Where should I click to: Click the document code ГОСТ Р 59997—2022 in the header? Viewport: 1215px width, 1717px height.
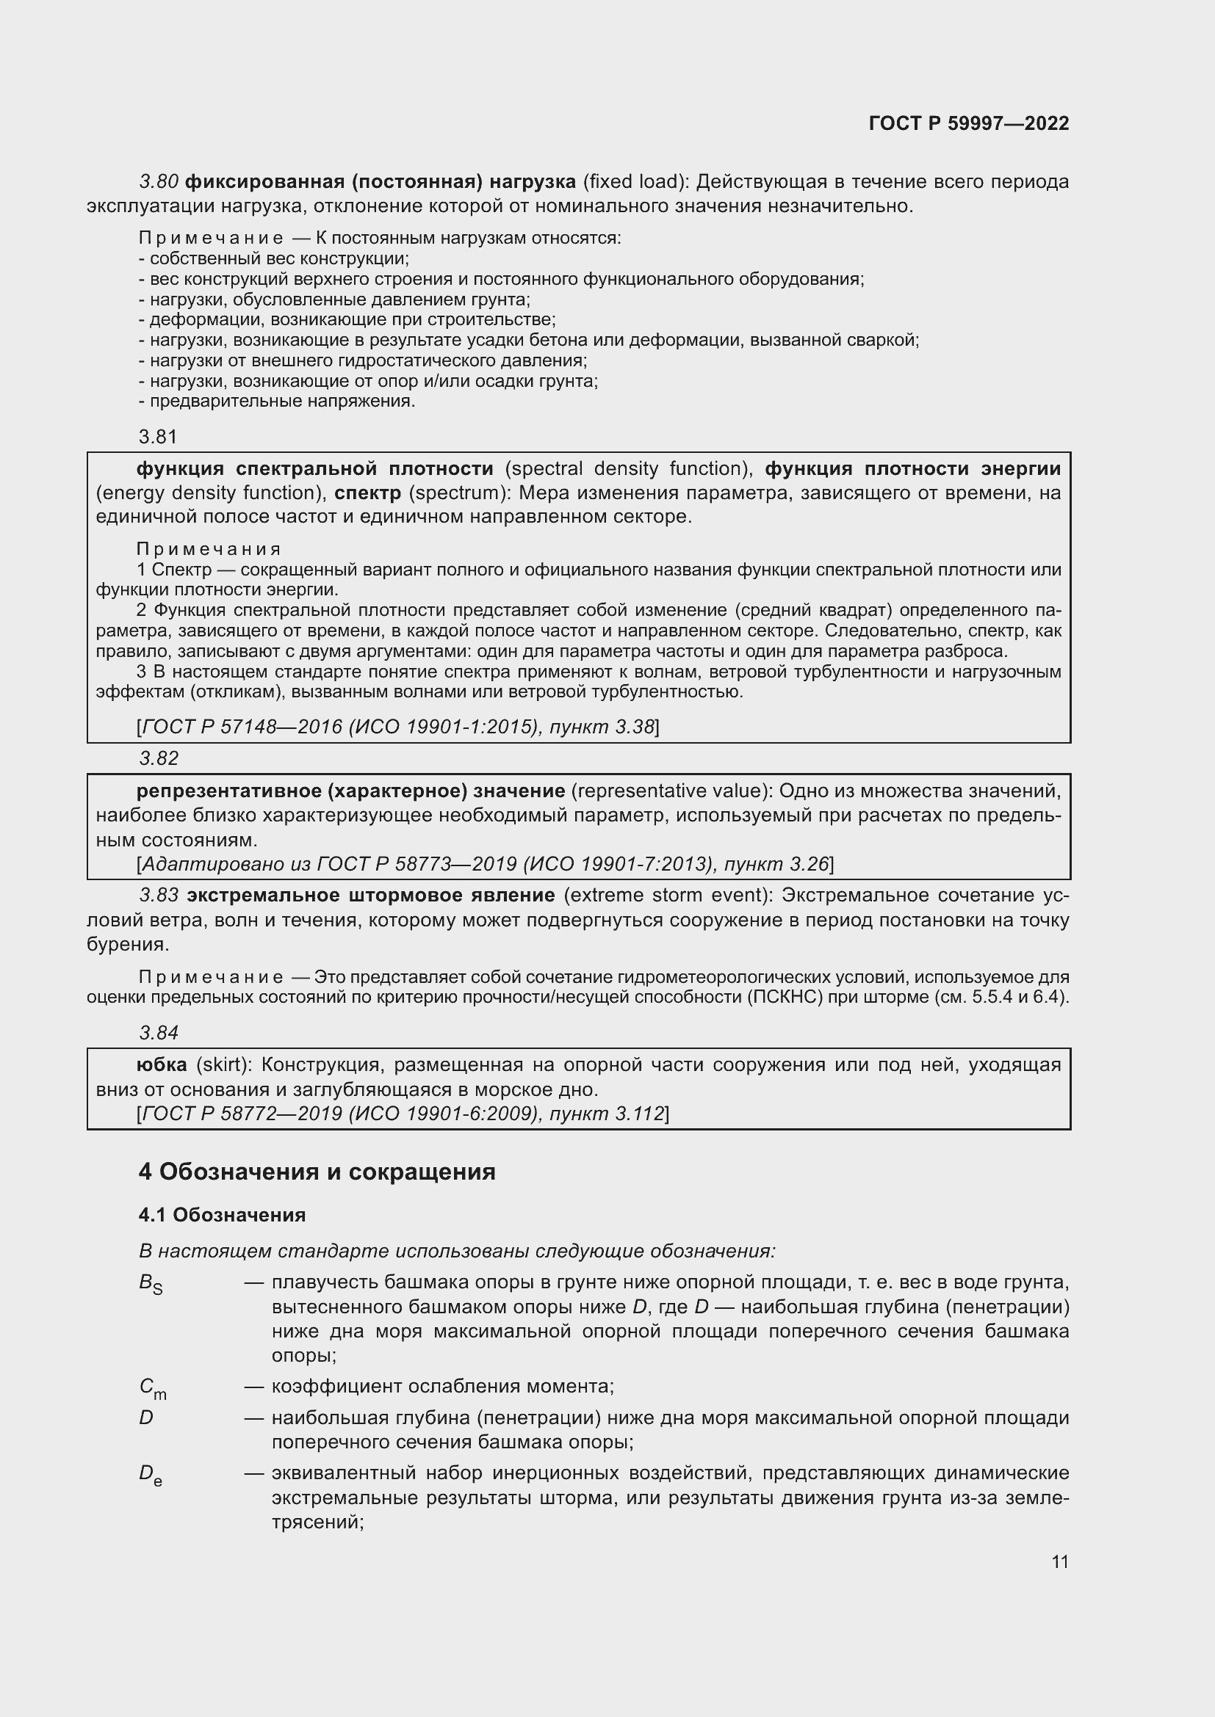(x=968, y=123)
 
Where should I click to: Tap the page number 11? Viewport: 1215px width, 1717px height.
(x=1059, y=1561)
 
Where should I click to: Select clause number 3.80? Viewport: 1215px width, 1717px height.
(x=159, y=182)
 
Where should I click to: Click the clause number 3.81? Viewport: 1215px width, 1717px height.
(x=158, y=437)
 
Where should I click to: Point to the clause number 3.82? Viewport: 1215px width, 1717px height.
(x=159, y=758)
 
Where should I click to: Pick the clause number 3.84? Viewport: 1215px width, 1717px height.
(x=159, y=1033)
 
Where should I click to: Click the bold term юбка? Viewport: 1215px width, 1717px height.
(x=162, y=1065)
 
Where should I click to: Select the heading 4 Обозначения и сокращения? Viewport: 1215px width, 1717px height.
(x=317, y=1172)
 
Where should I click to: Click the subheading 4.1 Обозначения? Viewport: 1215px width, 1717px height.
(x=221, y=1215)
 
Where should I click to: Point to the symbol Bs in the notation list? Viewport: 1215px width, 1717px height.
(x=151, y=1283)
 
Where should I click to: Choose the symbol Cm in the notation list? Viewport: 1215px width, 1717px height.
(x=153, y=1388)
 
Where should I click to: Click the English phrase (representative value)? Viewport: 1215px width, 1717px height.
(x=673, y=791)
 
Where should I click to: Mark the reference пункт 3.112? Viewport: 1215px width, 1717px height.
(x=606, y=1114)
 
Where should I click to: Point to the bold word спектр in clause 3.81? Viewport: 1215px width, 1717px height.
(x=367, y=493)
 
